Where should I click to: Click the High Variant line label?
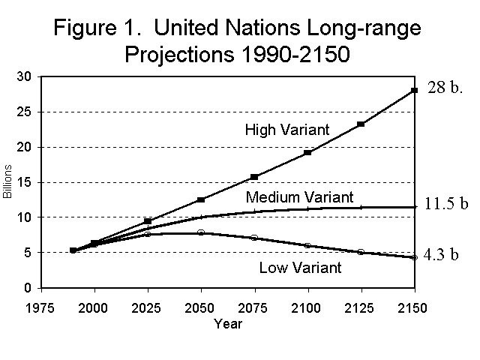click(287, 130)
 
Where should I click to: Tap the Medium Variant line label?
click(299, 197)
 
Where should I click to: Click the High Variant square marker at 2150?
click(413, 91)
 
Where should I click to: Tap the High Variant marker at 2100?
click(307, 153)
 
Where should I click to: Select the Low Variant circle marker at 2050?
click(200, 232)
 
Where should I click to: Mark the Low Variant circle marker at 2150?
click(413, 257)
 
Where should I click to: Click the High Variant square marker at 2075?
click(253, 177)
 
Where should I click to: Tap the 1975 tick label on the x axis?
click(41, 307)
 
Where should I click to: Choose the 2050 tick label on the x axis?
click(200, 307)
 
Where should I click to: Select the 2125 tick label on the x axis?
click(360, 307)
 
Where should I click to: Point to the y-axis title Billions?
click(8, 183)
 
